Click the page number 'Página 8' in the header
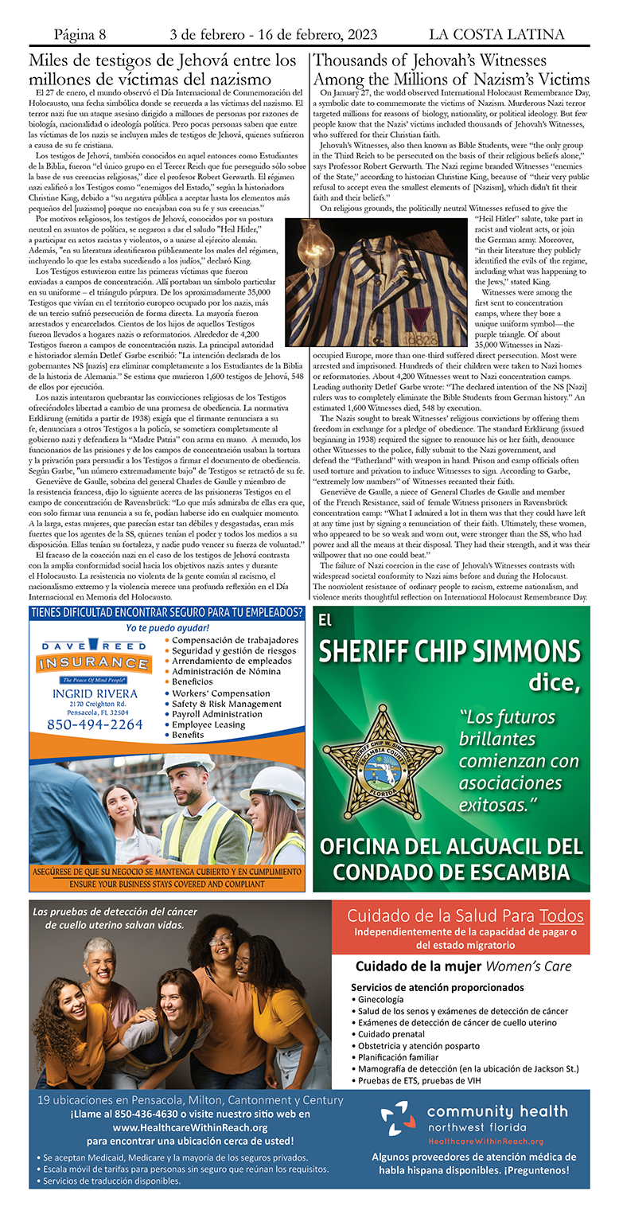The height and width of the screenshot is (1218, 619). click(x=80, y=34)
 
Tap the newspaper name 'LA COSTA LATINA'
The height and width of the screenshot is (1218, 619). click(x=496, y=34)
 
